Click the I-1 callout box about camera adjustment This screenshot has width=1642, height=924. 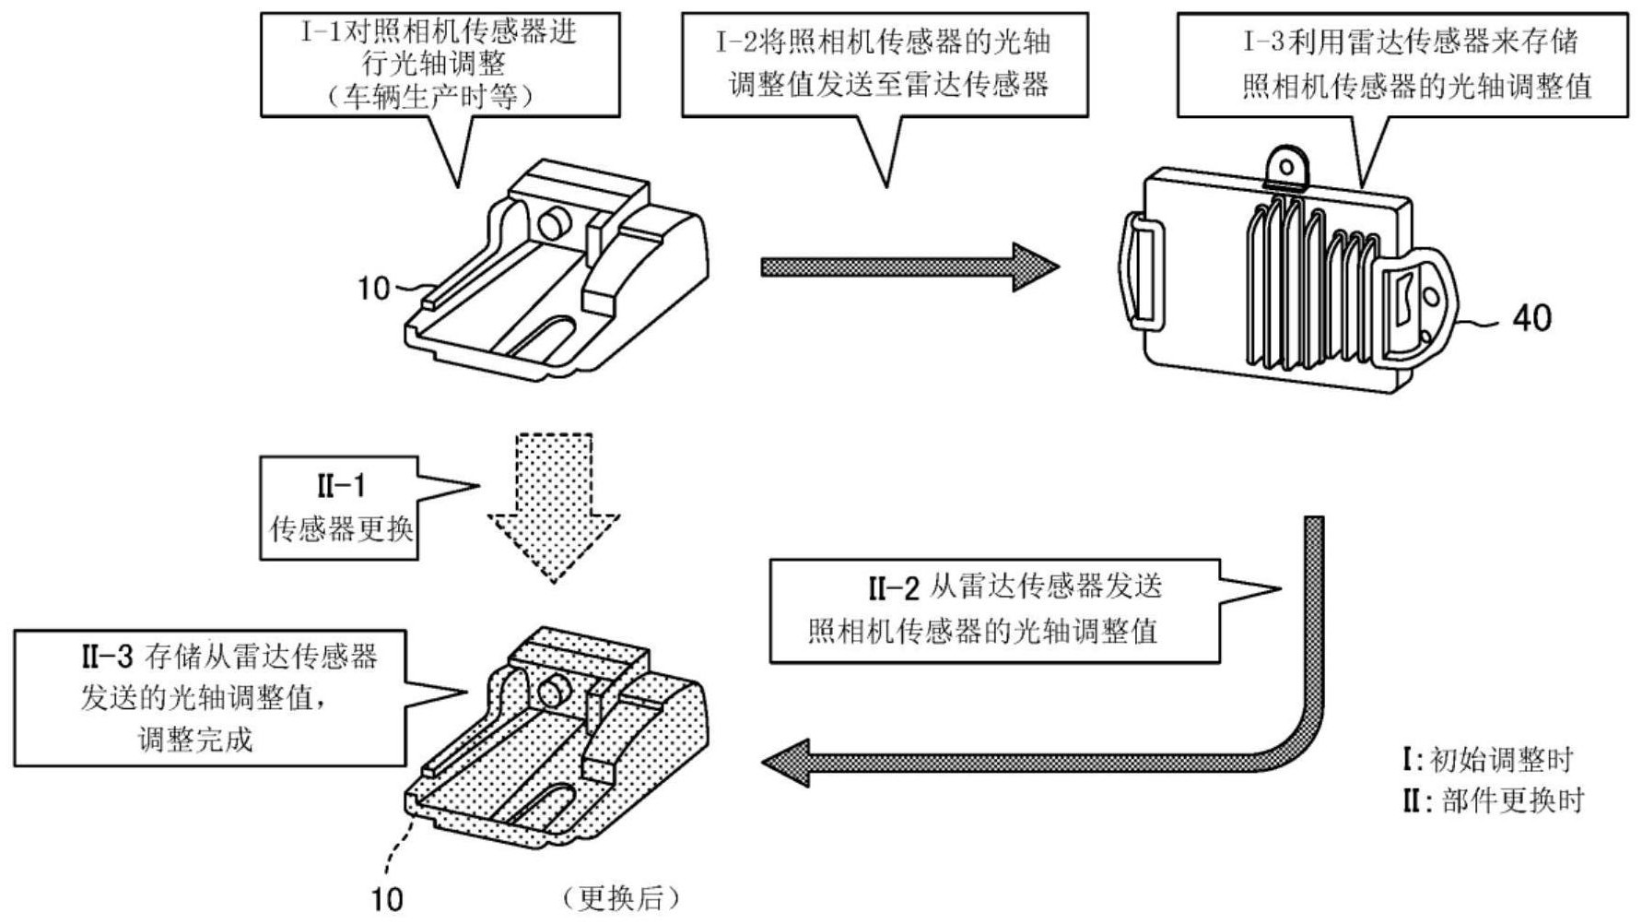click(x=440, y=65)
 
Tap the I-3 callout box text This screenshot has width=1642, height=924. click(x=1402, y=65)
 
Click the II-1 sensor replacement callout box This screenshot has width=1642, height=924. click(x=339, y=508)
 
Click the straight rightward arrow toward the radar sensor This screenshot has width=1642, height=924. click(x=910, y=267)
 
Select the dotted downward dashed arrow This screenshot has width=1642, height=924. click(x=554, y=507)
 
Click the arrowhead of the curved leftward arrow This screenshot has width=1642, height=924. click(x=787, y=763)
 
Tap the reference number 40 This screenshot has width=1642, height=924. click(x=1531, y=318)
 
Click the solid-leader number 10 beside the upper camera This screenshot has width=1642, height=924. click(x=374, y=289)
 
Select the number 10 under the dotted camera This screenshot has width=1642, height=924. click(x=387, y=899)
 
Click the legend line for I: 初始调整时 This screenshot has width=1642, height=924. click(x=1487, y=760)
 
